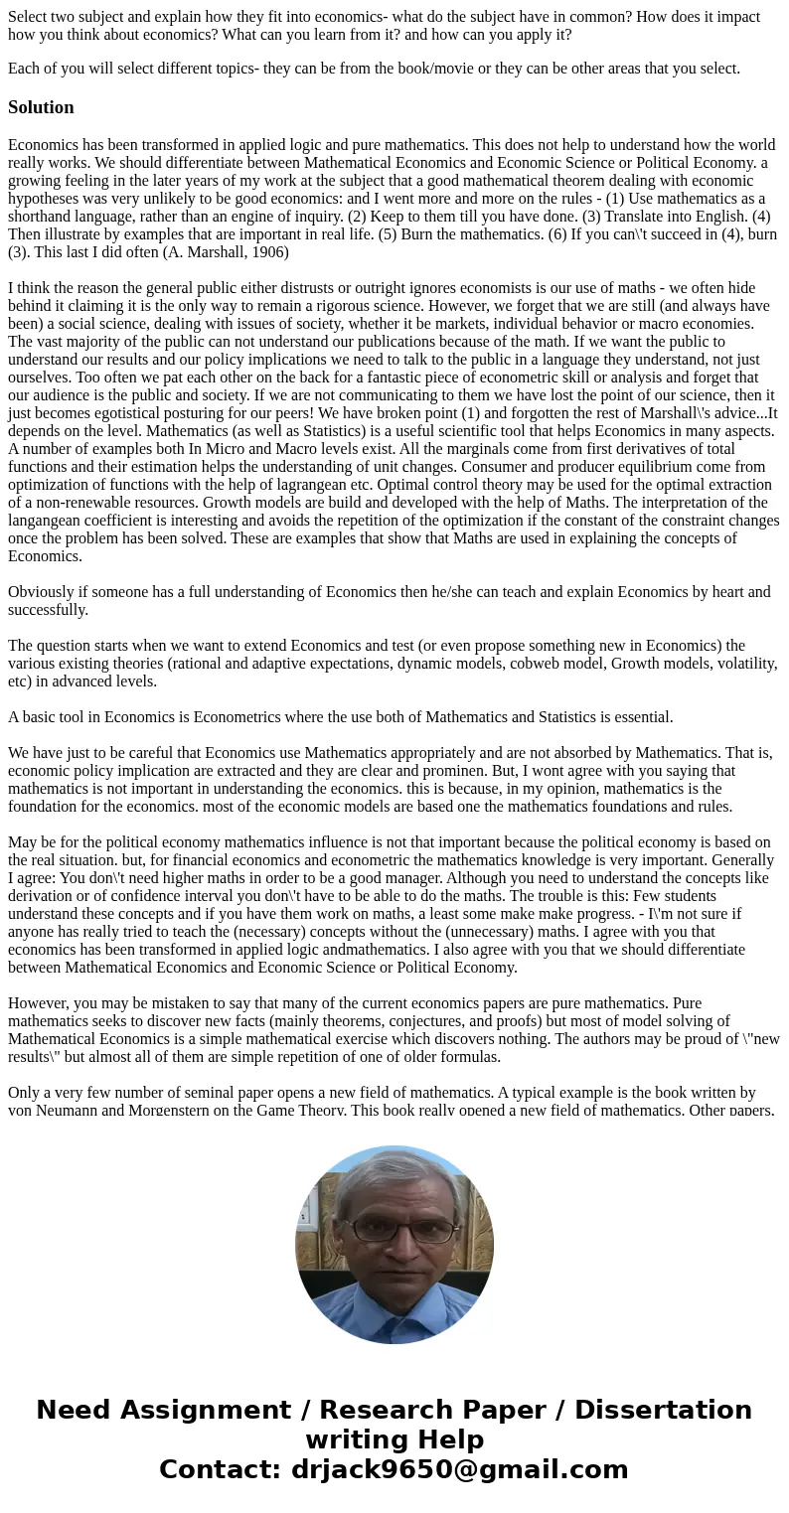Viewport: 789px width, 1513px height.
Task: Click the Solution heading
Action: pos(41,107)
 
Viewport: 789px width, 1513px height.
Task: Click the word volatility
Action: pos(741,664)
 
